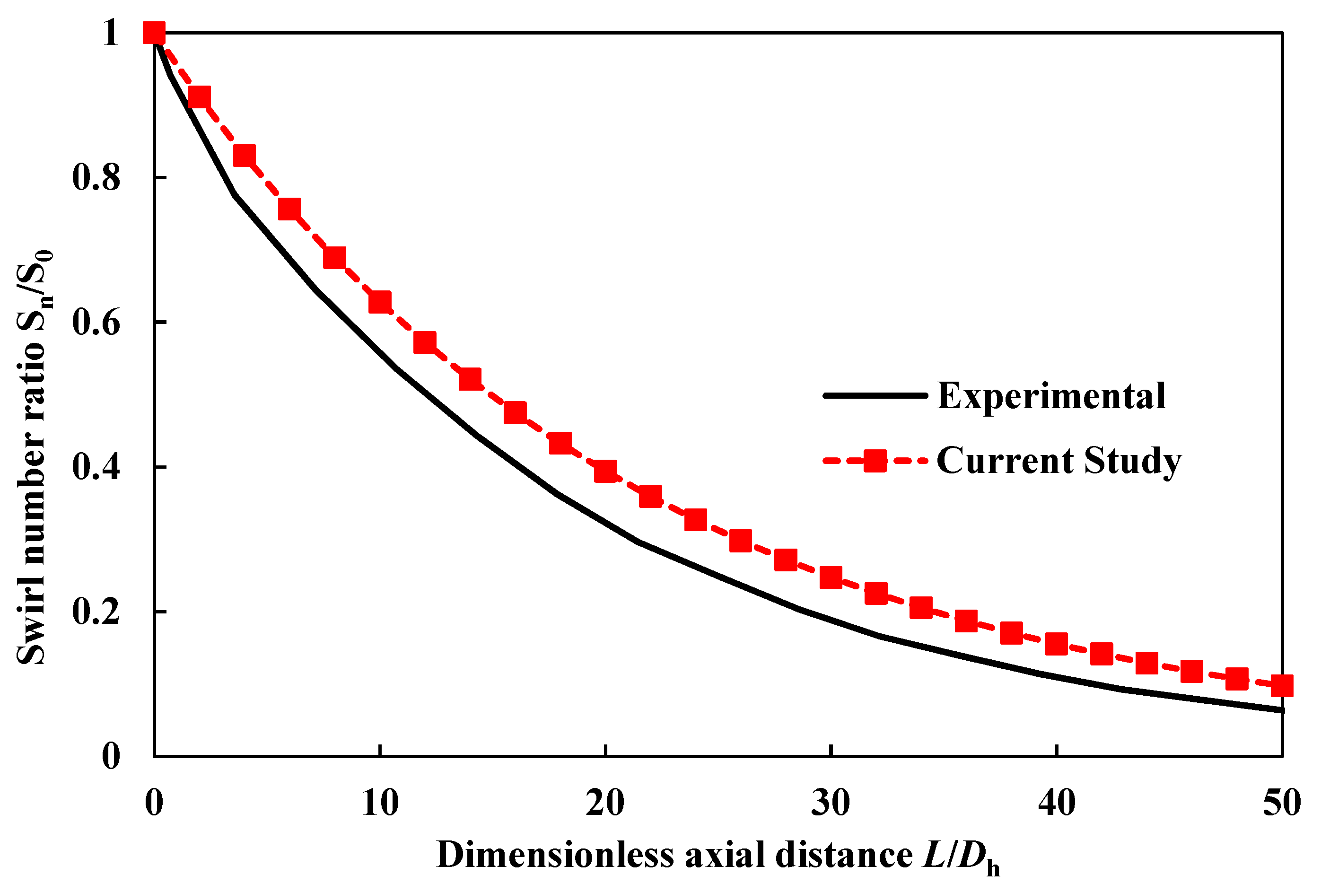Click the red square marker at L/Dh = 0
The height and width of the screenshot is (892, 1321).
pyautogui.click(x=154, y=33)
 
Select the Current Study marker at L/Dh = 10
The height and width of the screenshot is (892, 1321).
pyautogui.click(x=380, y=302)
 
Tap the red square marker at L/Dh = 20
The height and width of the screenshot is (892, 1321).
pyautogui.click(x=605, y=471)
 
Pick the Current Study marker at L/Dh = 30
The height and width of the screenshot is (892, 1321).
pyautogui.click(x=831, y=577)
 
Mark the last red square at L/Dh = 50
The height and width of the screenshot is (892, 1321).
pyautogui.click(x=1282, y=686)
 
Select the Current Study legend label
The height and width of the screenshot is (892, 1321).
pyautogui.click(x=1059, y=461)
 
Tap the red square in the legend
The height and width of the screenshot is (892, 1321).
pyautogui.click(x=875, y=461)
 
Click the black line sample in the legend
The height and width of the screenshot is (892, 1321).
pyautogui.click(x=875, y=395)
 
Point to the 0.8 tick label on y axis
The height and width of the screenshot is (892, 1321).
pyautogui.click(x=96, y=178)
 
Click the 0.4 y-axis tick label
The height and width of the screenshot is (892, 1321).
pyautogui.click(x=96, y=467)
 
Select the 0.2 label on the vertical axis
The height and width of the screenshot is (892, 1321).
pyautogui.click(x=96, y=612)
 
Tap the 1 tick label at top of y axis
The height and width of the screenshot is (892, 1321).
pyautogui.click(x=111, y=33)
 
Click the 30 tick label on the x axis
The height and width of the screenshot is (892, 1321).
pyautogui.click(x=831, y=803)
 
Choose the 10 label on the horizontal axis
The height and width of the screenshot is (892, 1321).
pyautogui.click(x=380, y=803)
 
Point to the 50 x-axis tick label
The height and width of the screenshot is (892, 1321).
pyautogui.click(x=1282, y=803)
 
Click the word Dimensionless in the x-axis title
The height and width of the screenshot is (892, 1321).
pyautogui.click(x=555, y=855)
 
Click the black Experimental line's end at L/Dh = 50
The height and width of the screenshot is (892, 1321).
pyautogui.click(x=1281, y=710)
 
